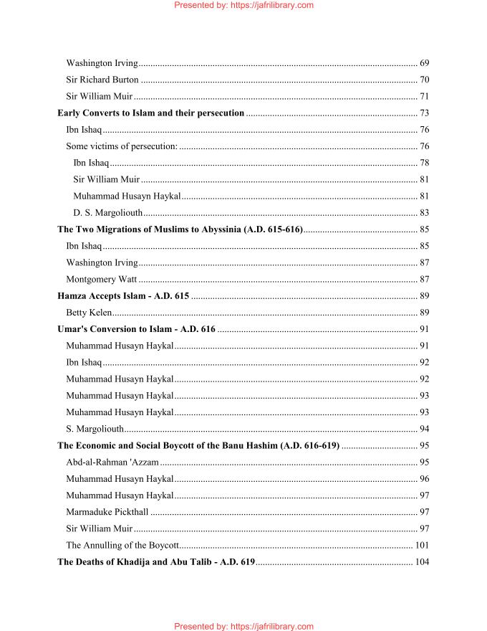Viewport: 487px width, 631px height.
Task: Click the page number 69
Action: click(424, 64)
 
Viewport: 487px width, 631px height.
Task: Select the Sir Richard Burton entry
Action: click(102, 80)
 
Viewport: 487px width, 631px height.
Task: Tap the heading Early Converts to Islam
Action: click(150, 113)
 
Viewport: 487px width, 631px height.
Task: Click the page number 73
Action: click(424, 113)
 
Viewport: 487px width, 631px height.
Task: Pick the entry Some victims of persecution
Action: click(121, 146)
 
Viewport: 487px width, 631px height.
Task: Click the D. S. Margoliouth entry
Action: click(108, 213)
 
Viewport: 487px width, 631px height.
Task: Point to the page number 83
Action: click(424, 213)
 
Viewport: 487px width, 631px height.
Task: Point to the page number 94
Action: click(424, 429)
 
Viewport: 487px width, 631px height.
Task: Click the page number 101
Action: click(422, 545)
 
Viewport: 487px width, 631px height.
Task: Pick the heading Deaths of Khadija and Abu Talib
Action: click(156, 562)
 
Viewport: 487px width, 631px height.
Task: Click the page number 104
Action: click(422, 562)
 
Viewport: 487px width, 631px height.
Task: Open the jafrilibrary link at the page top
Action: click(243, 5)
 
